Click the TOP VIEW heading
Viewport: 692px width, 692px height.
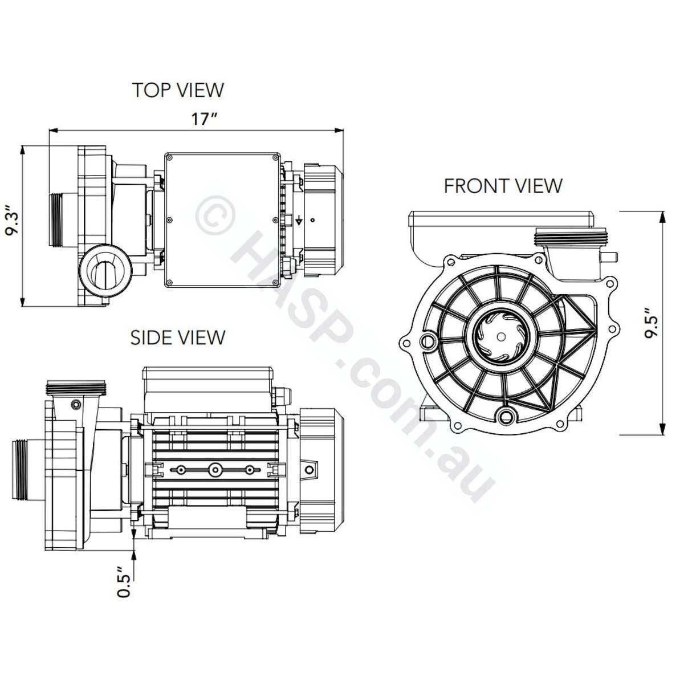(x=178, y=89)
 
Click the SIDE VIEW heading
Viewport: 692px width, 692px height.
(x=178, y=337)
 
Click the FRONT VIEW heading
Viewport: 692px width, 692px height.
(x=503, y=186)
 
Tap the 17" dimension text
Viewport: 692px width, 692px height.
(x=204, y=119)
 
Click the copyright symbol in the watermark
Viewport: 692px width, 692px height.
(x=215, y=215)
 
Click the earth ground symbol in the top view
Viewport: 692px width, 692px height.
(x=299, y=221)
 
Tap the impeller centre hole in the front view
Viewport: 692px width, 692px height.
(x=501, y=336)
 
